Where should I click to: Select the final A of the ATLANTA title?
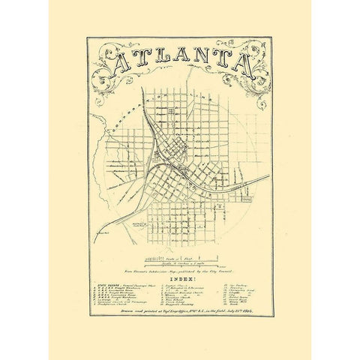pos(244,64)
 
